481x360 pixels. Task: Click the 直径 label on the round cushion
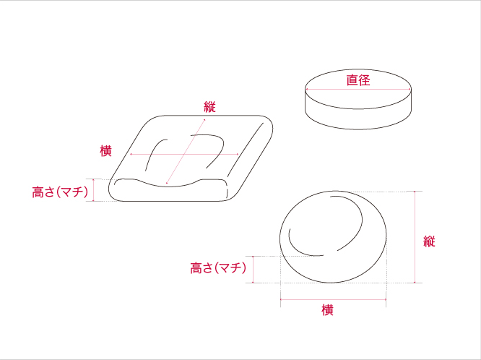tap(358, 80)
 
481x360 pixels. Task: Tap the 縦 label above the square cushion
tap(210, 107)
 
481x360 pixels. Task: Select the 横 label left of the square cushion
tap(105, 151)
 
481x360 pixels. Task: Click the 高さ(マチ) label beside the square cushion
tap(60, 192)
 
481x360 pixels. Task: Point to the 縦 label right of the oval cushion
tap(429, 241)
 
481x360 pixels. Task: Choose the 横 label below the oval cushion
tap(327, 310)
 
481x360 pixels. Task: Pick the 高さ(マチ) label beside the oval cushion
tap(218, 268)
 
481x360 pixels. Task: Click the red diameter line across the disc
tap(358, 90)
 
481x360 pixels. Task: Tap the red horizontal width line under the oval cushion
tap(333, 299)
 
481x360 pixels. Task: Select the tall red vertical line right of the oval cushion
tap(415, 237)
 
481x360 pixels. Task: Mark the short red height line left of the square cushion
tap(93, 190)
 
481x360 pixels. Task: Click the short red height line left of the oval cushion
tap(253, 270)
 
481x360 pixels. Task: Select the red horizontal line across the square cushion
tap(184, 154)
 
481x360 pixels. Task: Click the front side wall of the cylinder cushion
tap(358, 119)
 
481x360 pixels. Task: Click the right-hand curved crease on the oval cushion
tap(350, 223)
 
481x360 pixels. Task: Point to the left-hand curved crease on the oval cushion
tap(303, 244)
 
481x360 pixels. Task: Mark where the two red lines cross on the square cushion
tap(185, 154)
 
